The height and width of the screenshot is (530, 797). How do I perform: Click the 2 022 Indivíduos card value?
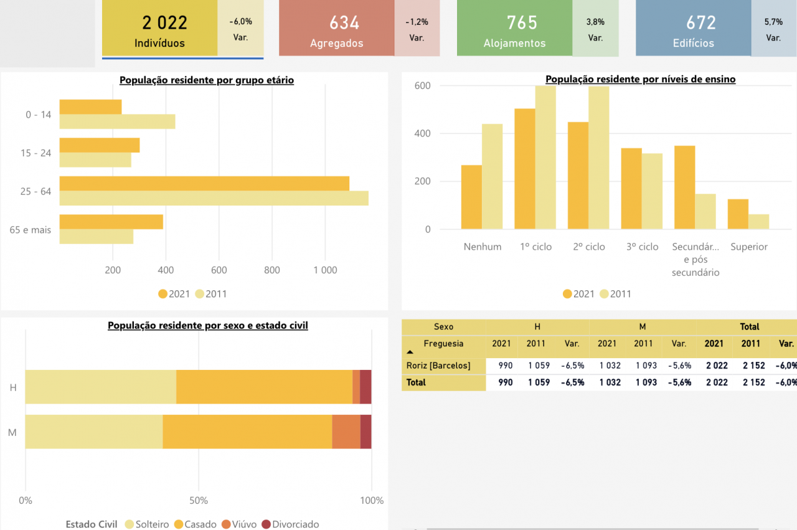tap(164, 23)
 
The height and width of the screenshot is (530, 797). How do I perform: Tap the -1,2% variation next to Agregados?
tap(417, 22)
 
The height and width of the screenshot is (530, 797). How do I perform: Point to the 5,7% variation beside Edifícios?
tap(773, 22)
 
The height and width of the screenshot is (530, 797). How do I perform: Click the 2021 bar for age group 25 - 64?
tap(204, 184)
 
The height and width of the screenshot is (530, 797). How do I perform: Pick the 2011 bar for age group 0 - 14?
tap(117, 121)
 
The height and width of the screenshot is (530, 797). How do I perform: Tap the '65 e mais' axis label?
tap(31, 230)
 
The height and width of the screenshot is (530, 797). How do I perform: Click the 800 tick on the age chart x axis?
tap(272, 270)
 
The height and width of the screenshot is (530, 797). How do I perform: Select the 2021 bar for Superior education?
tap(738, 214)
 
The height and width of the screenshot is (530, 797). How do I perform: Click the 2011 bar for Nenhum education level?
tap(492, 176)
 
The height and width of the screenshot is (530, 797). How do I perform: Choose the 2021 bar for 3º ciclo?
tap(631, 189)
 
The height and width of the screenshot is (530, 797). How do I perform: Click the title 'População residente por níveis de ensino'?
tap(640, 79)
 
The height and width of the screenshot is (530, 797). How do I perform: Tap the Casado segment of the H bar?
tap(264, 387)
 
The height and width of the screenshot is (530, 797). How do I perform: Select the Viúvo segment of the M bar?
tap(346, 432)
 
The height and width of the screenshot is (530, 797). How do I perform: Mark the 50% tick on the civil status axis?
tap(199, 501)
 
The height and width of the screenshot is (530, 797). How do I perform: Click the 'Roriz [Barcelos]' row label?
tap(438, 366)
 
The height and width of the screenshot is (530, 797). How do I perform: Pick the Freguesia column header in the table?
tap(443, 343)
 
